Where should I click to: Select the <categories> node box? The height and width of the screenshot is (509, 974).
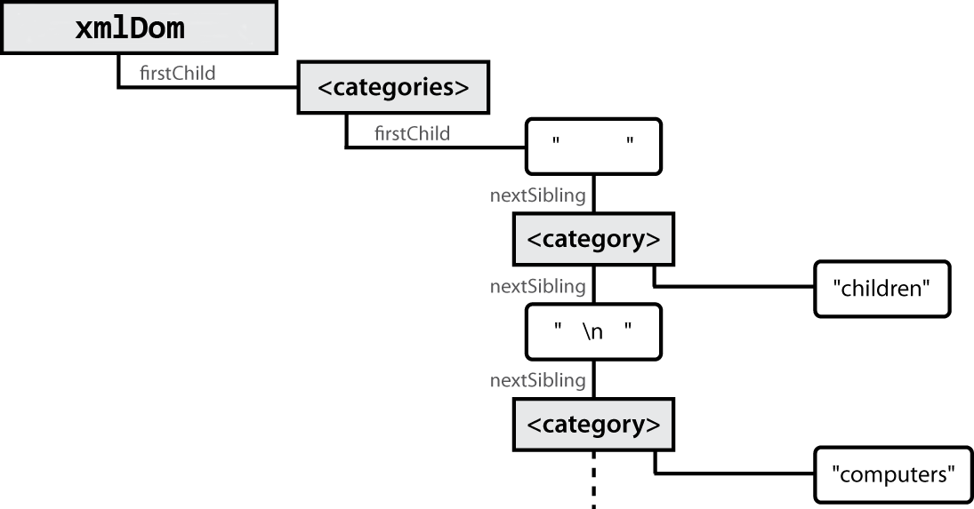point(392,88)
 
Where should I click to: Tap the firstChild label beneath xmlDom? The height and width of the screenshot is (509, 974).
point(178,74)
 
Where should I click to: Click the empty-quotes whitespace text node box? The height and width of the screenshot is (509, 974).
point(593,147)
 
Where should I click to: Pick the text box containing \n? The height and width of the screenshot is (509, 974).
point(593,331)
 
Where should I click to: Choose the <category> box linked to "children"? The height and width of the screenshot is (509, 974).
point(593,240)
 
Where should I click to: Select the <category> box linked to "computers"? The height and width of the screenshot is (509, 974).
point(593,425)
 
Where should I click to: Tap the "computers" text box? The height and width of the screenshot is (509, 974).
point(886,473)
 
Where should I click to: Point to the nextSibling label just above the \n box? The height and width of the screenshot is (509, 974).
point(537,287)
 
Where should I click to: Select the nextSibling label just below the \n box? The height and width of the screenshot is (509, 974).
point(537,380)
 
